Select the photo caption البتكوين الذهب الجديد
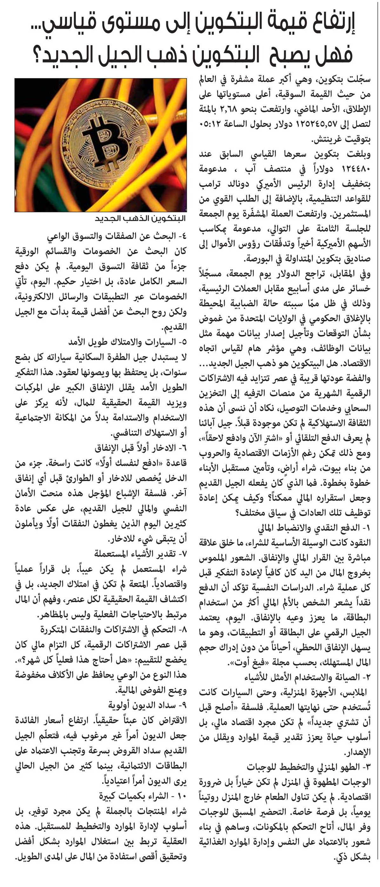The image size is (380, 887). coord(140,219)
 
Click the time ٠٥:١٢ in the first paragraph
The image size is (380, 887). coord(211,124)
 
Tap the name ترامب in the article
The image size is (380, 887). coord(212,184)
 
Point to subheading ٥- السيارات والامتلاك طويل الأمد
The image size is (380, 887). coord(127,342)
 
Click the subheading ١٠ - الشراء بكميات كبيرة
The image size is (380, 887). coord(143,796)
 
